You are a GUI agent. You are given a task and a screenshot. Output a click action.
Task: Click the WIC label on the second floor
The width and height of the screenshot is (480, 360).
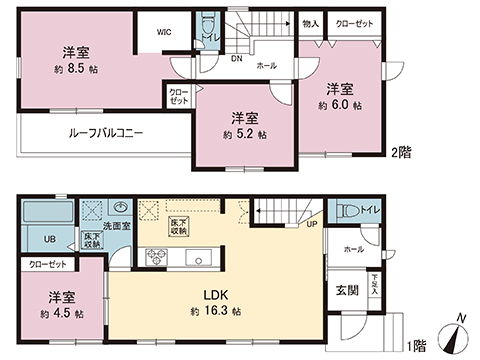tap(164, 31)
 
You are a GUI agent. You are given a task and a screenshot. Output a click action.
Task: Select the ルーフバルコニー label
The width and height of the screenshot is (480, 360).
tap(105, 132)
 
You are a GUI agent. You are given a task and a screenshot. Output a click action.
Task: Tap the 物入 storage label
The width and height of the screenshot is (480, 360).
tap(310, 22)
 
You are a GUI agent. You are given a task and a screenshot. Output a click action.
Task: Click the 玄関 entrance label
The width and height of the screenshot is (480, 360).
tap(347, 290)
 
